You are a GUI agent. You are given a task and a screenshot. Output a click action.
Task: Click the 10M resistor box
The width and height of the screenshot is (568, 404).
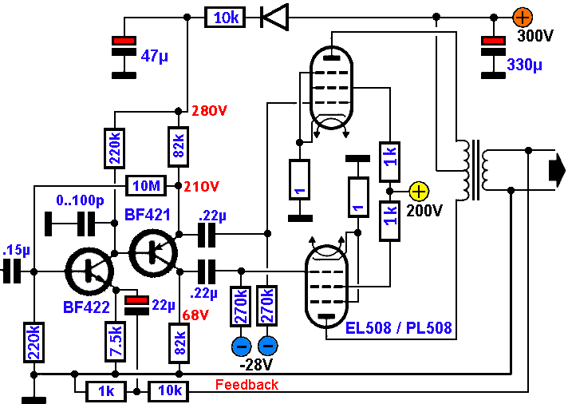pyautogui.click(x=148, y=186)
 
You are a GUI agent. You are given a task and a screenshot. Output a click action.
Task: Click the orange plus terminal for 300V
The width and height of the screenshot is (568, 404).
pyautogui.click(x=523, y=16)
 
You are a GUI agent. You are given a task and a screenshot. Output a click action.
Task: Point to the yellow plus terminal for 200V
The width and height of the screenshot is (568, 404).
pyautogui.click(x=418, y=192)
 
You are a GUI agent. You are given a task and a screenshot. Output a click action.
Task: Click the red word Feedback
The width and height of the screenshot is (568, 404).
pyautogui.click(x=247, y=385)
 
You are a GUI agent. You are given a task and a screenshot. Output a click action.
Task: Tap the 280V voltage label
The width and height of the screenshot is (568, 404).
pyautogui.click(x=210, y=111)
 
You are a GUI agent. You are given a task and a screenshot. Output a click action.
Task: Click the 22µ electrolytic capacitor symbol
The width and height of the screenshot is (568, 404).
pyautogui.click(x=137, y=307)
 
